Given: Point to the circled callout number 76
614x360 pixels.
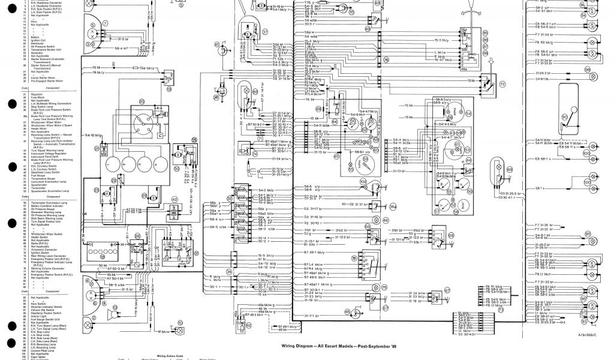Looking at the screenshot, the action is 386,60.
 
